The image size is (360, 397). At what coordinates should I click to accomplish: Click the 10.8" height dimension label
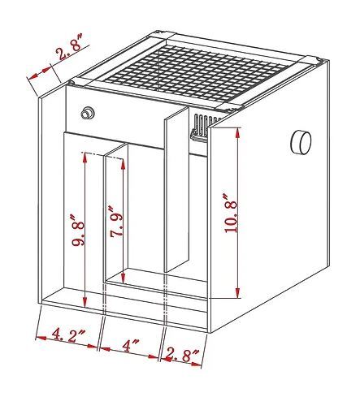(x=231, y=214)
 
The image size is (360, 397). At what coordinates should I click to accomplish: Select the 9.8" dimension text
(x=78, y=230)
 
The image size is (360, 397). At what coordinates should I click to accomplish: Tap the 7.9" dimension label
(x=116, y=222)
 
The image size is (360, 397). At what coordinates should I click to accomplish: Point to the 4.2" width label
(x=68, y=334)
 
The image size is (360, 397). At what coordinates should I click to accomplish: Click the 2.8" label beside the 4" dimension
(x=183, y=355)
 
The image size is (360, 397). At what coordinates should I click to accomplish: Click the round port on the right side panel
(x=301, y=142)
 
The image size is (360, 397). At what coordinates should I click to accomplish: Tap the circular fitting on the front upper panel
(x=88, y=113)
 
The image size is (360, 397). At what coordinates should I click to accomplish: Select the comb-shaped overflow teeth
(x=204, y=127)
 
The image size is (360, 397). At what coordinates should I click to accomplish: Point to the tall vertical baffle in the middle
(x=176, y=189)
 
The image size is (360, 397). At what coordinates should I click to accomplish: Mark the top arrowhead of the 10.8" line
(x=238, y=132)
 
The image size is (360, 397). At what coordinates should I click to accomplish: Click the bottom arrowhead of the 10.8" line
(x=238, y=292)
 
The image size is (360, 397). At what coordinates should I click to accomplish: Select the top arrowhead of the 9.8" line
(x=85, y=158)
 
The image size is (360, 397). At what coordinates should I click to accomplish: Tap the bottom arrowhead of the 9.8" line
(x=85, y=303)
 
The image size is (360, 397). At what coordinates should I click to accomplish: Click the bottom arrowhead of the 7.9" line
(x=124, y=278)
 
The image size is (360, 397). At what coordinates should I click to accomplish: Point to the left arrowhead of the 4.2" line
(x=41, y=338)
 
